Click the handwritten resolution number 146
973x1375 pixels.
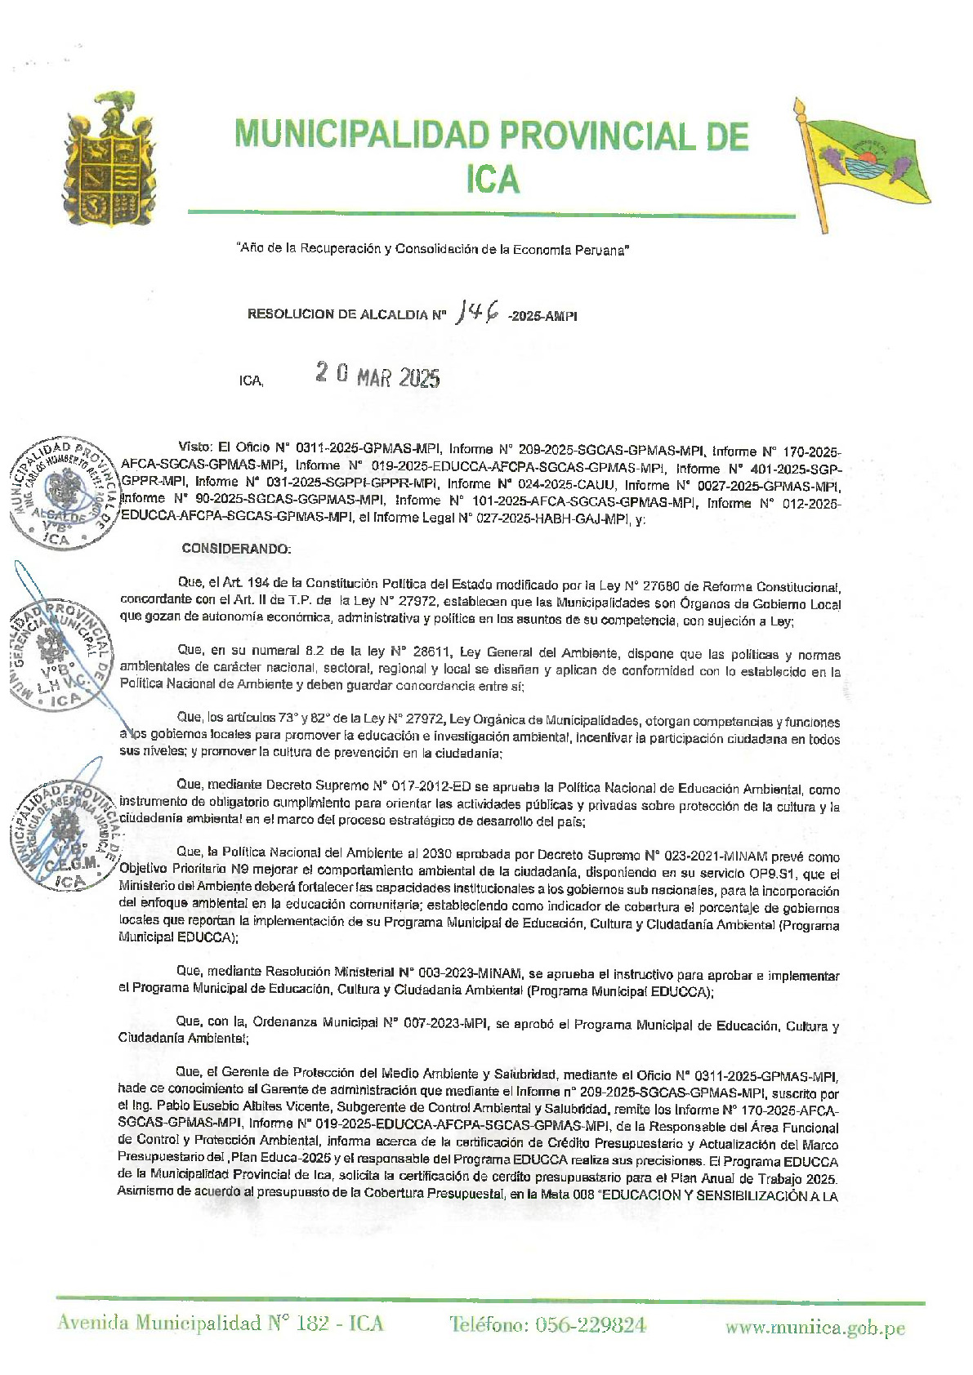(x=479, y=311)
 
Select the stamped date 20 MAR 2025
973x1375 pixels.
(x=377, y=376)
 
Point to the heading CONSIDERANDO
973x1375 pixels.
(x=235, y=549)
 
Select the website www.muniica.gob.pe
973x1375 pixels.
(x=815, y=1328)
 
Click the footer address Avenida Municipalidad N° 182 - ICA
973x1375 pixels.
(x=220, y=1324)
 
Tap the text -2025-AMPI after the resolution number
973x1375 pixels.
(x=542, y=316)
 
